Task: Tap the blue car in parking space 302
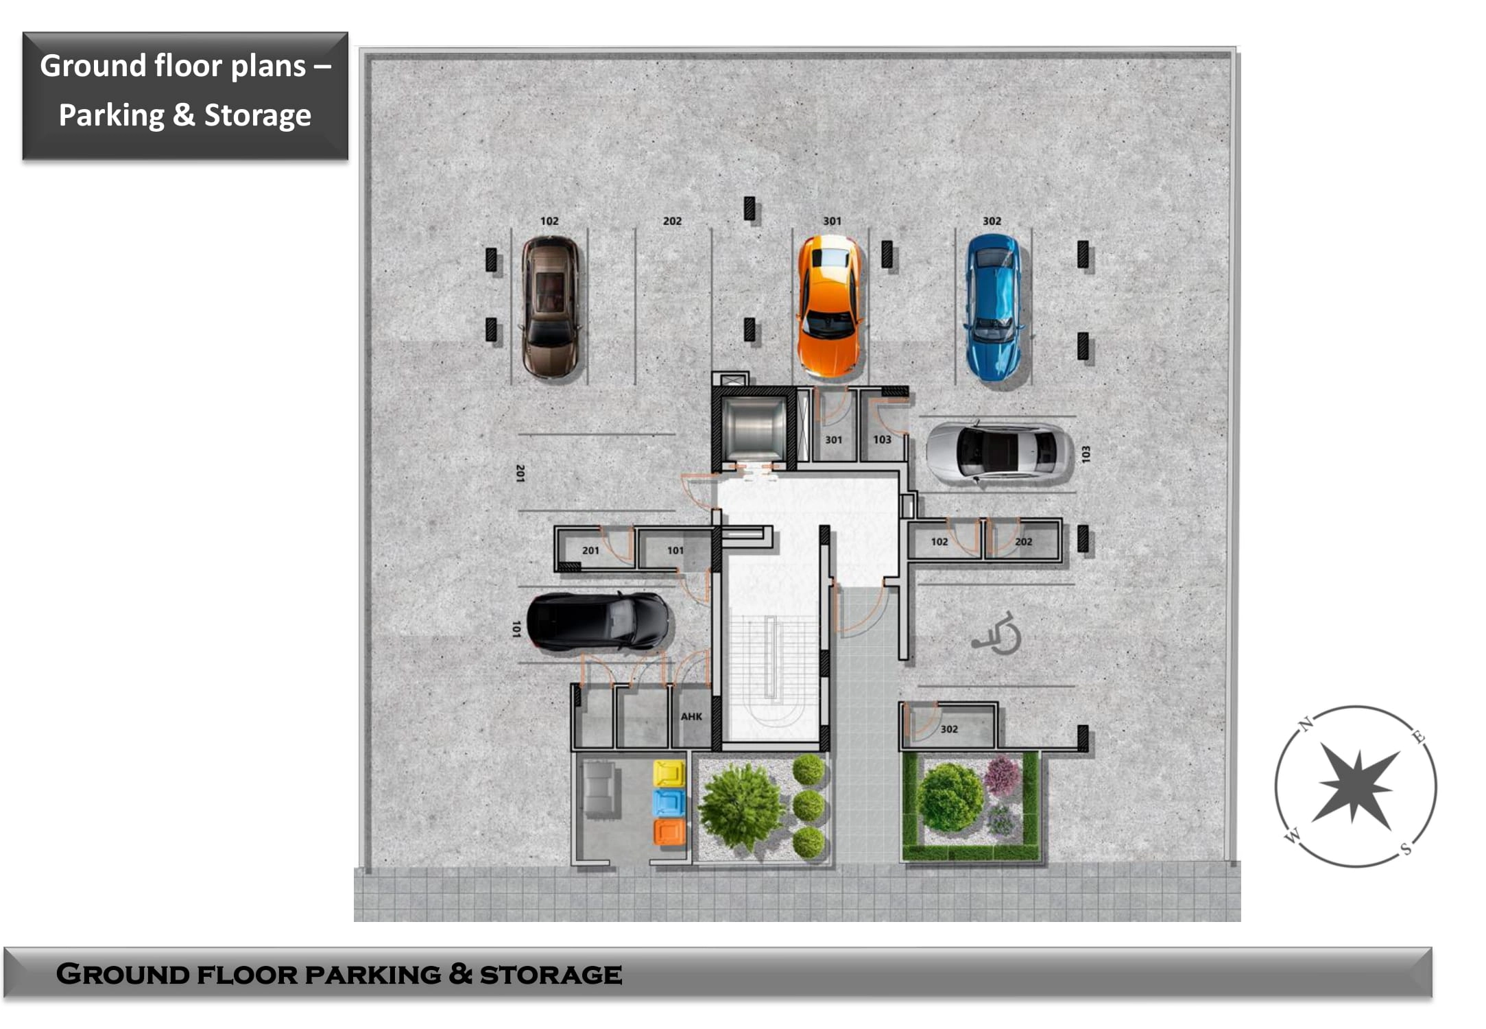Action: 994,307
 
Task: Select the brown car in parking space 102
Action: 550,307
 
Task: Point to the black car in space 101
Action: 597,622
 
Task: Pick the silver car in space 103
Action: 998,451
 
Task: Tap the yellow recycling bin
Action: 669,773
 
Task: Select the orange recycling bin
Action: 669,831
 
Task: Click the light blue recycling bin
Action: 669,802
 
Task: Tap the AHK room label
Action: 691,716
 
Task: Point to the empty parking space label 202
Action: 672,221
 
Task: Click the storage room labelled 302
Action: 949,729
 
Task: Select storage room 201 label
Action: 590,550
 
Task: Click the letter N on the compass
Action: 1306,723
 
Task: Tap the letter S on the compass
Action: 1406,849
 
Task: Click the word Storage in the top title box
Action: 258,115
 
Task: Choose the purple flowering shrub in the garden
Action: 1002,774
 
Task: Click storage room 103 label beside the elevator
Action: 882,439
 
